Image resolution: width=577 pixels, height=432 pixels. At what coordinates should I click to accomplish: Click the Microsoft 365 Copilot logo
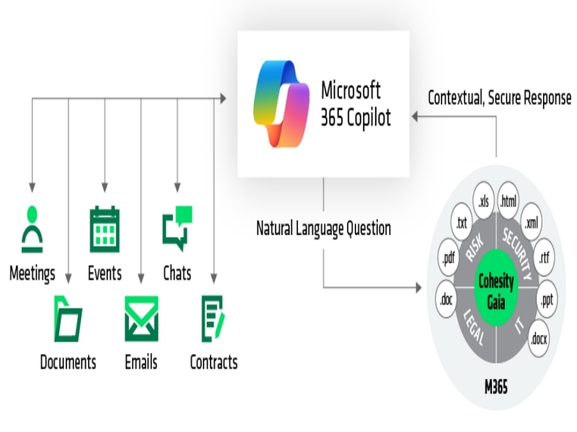(x=281, y=104)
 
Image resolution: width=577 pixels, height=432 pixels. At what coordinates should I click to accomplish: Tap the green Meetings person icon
(x=32, y=229)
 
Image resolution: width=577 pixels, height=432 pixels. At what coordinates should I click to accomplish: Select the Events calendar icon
(x=105, y=229)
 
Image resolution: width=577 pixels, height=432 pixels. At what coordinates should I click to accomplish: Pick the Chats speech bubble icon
(x=177, y=228)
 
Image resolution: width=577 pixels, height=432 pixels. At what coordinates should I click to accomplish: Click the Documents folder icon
(x=68, y=319)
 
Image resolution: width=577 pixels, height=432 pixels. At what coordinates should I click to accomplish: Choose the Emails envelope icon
(x=141, y=319)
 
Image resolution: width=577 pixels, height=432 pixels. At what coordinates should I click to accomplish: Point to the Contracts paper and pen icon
(x=213, y=319)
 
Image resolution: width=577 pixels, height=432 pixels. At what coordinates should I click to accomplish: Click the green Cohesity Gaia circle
(x=495, y=287)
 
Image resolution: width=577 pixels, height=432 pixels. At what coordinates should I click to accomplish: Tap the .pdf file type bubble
(x=449, y=258)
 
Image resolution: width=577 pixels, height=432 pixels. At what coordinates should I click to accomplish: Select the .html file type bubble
(x=508, y=201)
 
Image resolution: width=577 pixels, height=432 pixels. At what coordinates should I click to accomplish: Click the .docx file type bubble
(x=539, y=338)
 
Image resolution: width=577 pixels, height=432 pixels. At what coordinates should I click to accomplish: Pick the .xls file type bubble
(x=483, y=201)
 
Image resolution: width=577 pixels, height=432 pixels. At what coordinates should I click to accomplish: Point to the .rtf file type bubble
(x=544, y=258)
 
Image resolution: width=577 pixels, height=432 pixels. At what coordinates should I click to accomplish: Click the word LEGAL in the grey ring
(x=473, y=328)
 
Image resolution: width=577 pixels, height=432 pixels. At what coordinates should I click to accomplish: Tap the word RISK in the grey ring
(x=475, y=248)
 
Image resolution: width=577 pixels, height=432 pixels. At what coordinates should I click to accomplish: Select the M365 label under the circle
(x=496, y=387)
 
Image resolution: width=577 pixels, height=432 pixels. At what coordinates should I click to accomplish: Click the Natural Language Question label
(x=323, y=228)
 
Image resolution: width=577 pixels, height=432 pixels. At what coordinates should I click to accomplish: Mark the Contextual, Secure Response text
(x=499, y=98)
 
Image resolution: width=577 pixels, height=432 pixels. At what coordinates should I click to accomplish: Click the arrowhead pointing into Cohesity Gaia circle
(x=418, y=287)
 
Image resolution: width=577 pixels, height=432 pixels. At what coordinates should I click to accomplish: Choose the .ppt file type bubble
(x=547, y=300)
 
